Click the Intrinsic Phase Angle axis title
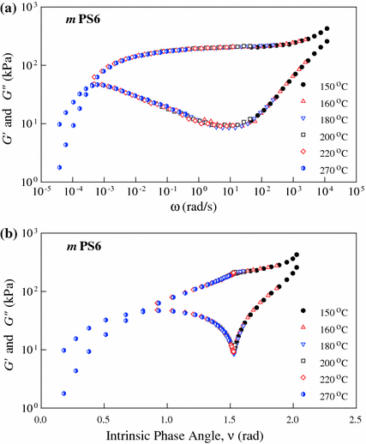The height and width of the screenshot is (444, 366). (x=199, y=435)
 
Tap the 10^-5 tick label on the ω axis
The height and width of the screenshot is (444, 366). (x=40, y=195)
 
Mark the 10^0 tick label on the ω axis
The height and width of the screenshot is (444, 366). (x=199, y=195)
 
